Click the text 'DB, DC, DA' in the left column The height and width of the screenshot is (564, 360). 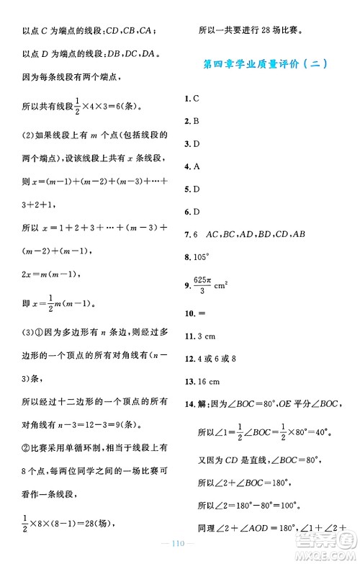137,54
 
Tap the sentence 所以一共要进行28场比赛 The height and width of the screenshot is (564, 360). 250,31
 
